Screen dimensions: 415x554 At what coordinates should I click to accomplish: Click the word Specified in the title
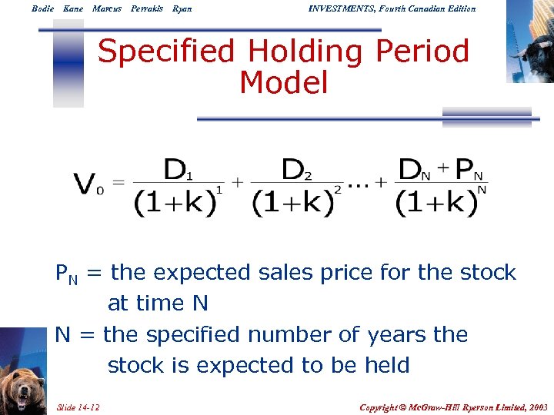coord(166,52)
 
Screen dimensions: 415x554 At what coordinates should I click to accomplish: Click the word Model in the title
coord(284,82)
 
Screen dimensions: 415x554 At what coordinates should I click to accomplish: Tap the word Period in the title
coord(422,52)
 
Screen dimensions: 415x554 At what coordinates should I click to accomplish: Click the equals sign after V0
coord(118,183)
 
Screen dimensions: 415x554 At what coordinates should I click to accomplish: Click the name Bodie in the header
coord(43,8)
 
